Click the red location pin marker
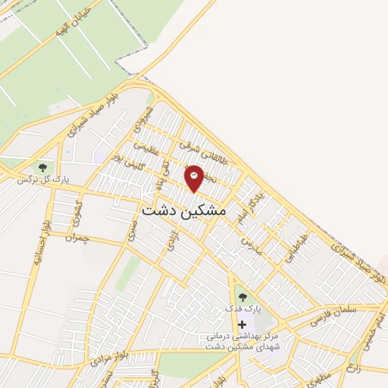194,177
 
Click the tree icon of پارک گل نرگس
42,167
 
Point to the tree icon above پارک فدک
242,296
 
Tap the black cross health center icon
242,324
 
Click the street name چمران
77,239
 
